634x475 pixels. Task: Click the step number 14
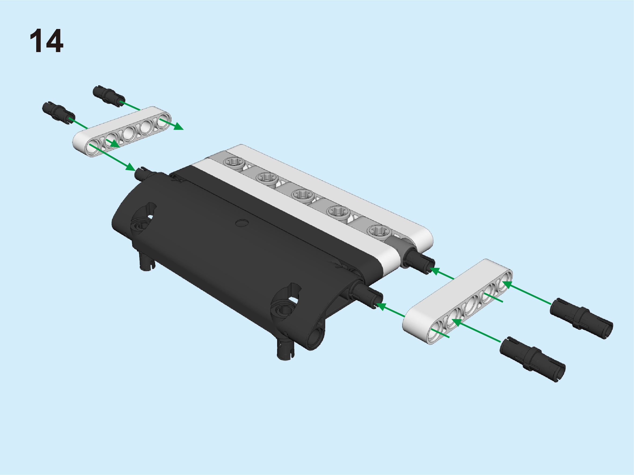(x=46, y=41)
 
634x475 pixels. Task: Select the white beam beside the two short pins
(x=122, y=131)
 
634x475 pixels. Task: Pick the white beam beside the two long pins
(x=457, y=301)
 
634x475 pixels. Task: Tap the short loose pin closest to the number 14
(x=59, y=113)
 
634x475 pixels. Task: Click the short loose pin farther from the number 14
(x=109, y=96)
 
